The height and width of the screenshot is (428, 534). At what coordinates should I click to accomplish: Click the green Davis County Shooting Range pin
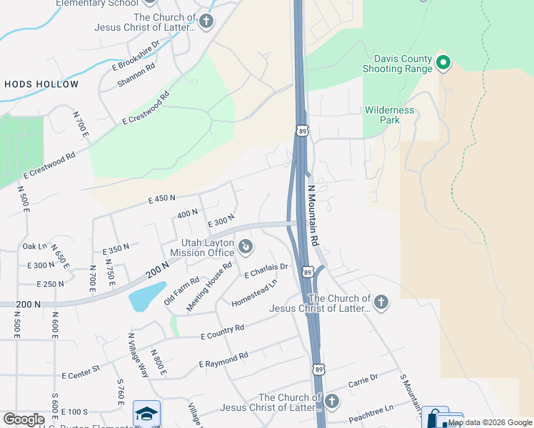click(443, 63)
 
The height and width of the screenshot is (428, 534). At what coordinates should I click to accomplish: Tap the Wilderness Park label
click(389, 115)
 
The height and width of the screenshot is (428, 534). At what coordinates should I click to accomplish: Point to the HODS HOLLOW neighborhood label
click(41, 84)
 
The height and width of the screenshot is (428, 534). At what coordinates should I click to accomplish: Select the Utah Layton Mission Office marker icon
click(246, 248)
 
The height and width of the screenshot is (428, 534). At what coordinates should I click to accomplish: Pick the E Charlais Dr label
click(266, 270)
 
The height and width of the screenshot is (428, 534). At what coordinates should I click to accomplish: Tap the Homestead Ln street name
click(254, 293)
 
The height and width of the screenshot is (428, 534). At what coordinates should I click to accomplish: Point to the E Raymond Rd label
click(223, 360)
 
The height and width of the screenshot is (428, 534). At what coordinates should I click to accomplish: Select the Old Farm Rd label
click(181, 291)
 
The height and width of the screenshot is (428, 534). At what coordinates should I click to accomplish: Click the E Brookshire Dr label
click(136, 57)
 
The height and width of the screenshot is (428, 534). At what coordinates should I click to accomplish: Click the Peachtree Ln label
click(370, 412)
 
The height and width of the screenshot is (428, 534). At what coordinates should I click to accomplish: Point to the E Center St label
click(81, 372)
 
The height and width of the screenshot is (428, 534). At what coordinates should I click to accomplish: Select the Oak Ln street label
click(34, 246)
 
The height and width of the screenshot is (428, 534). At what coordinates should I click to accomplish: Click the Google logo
click(24, 419)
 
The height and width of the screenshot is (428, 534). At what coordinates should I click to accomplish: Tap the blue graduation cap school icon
click(146, 414)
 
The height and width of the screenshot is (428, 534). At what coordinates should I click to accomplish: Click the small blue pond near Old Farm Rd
click(146, 296)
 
